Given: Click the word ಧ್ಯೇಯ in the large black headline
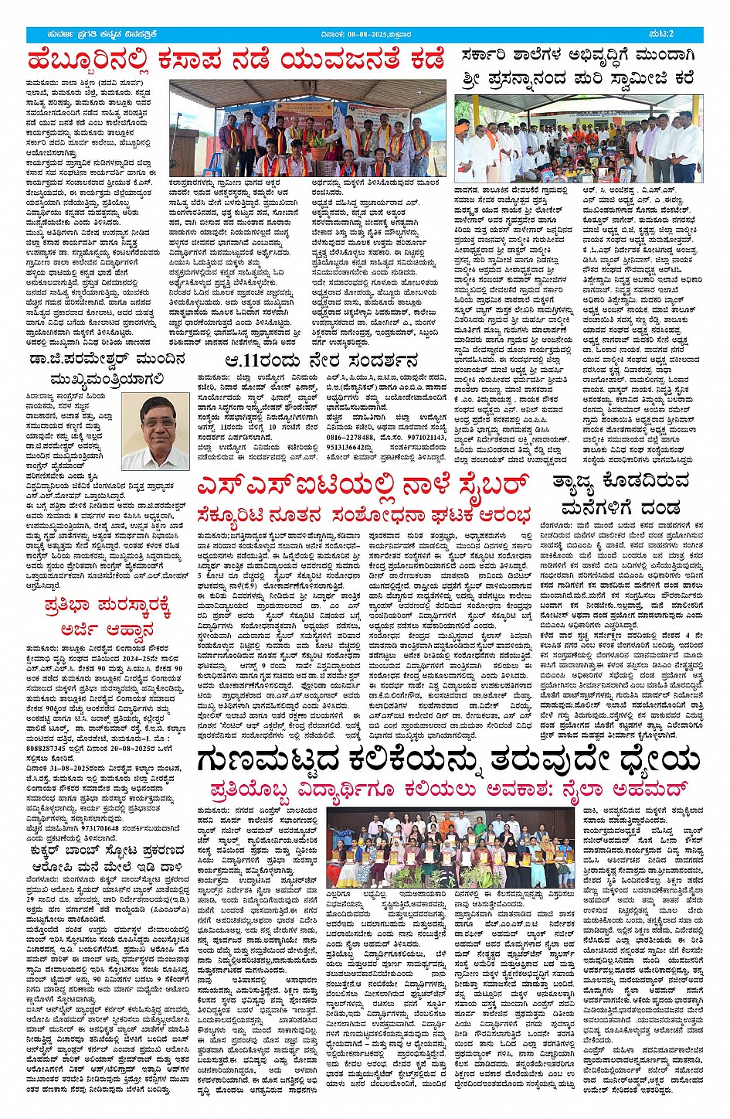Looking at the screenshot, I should pos(650,761).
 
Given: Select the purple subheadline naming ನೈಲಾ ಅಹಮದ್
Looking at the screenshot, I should pos(448,790).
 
